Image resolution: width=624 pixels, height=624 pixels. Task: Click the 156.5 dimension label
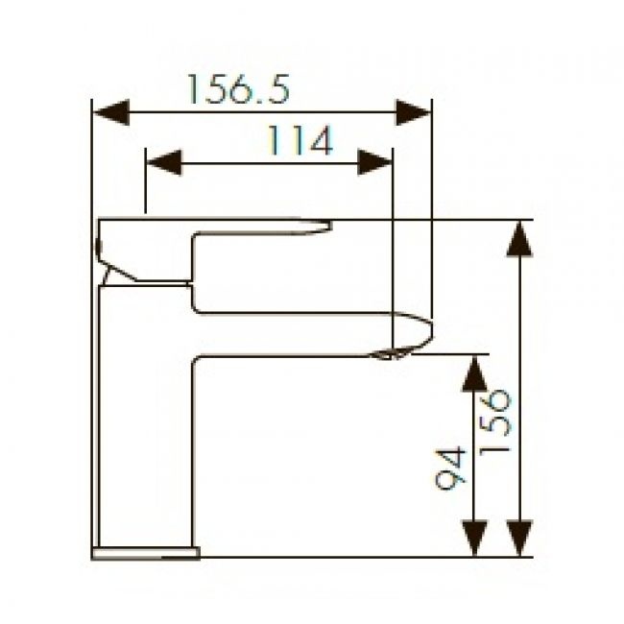point(238,89)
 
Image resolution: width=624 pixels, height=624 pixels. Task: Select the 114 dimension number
point(300,140)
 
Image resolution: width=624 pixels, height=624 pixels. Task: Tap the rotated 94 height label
point(450,468)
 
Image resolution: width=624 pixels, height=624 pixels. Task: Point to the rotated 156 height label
point(494,423)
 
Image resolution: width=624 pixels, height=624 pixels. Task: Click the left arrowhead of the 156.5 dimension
point(111,112)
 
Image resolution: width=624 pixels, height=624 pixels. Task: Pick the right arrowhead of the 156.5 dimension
point(413,112)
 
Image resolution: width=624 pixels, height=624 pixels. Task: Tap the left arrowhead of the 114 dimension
point(164,162)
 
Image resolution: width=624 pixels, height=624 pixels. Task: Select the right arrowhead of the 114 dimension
point(374,162)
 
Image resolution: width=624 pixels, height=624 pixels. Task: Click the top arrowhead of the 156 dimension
point(519,239)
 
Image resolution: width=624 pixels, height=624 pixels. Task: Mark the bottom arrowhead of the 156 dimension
point(519,538)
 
